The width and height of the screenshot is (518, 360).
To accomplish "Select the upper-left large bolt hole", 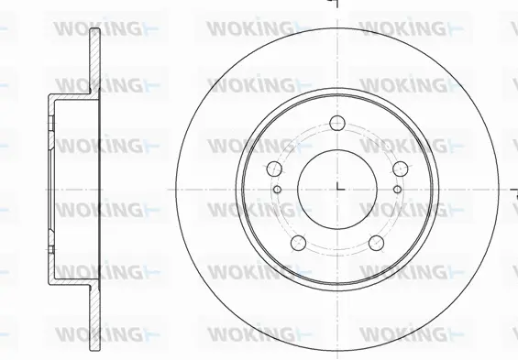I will coord(273,169).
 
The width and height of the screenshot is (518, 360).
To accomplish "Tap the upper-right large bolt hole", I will coord(400,169).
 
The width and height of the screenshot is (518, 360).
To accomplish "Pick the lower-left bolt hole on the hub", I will coord(297,243).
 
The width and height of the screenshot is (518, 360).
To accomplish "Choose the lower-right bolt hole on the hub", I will coord(377,243).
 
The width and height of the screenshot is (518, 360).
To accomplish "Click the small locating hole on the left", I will coord(277,189).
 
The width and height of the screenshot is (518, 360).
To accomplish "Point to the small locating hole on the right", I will coord(396,189).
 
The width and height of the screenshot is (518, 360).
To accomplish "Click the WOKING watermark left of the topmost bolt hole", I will coord(249,88).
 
